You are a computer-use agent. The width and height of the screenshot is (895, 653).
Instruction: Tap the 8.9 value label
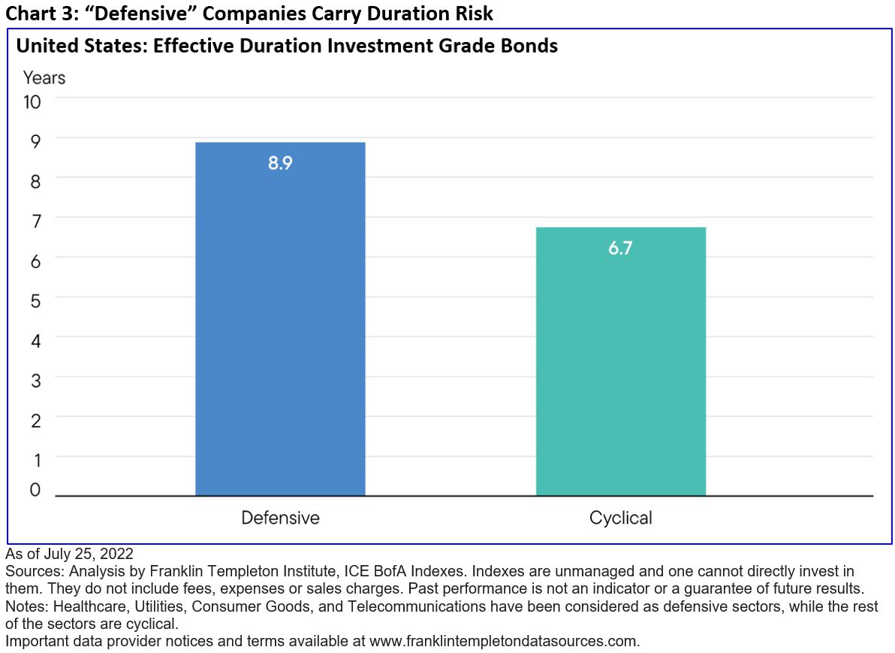tap(280, 163)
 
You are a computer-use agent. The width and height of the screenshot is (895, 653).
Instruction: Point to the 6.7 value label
tap(620, 248)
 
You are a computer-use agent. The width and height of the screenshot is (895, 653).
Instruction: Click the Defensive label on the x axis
tap(280, 518)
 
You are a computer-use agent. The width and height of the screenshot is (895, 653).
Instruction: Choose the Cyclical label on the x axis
tap(620, 518)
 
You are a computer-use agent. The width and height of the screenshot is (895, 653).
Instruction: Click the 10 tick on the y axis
tap(32, 101)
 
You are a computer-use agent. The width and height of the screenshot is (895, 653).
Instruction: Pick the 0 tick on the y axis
tap(35, 490)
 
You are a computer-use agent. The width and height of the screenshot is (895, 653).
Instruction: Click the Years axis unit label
tap(44, 77)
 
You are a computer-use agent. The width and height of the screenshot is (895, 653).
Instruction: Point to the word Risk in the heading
tap(472, 13)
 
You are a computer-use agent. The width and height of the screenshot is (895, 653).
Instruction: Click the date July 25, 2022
tap(89, 554)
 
